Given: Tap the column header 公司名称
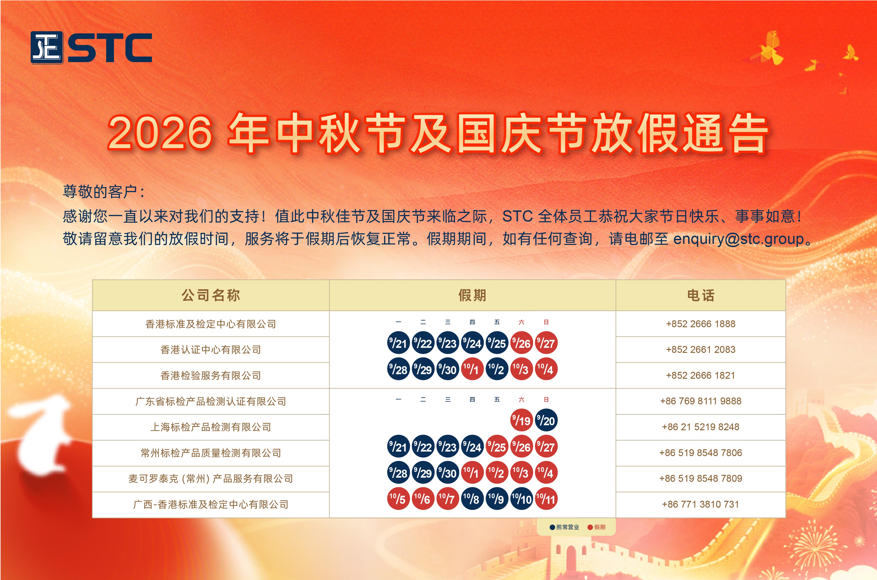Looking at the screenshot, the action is tap(211, 295).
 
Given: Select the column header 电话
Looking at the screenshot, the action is tap(701, 295).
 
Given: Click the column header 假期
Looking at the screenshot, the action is tap(472, 295).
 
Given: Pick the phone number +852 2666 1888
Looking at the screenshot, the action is tap(701, 324).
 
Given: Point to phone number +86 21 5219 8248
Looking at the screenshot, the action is tap(701, 427).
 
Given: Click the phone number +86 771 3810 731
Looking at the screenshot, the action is tap(701, 504).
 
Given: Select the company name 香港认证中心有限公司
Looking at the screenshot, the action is tap(211, 350).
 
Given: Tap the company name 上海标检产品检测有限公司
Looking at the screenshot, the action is tap(211, 427).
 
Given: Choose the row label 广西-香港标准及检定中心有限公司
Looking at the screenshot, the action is tap(211, 504).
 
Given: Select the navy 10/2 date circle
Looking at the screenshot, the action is tap(497, 369).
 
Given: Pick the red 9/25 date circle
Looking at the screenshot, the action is tap(497, 447).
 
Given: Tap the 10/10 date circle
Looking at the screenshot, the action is tap(521, 499).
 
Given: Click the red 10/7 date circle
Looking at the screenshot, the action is tap(448, 499).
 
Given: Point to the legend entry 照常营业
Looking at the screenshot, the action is tap(564, 527).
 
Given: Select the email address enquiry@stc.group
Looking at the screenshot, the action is tap(738, 239).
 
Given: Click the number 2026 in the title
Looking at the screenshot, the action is tap(160, 132).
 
